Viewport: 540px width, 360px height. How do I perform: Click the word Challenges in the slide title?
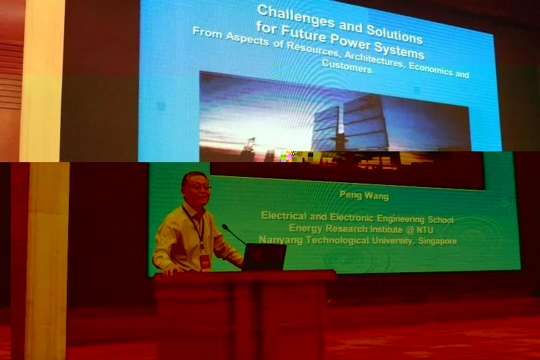pyautogui.click(x=296, y=16)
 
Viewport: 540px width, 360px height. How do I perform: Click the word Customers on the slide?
pyautogui.click(x=347, y=66)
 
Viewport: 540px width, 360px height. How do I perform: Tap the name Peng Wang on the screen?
pyautogui.click(x=364, y=195)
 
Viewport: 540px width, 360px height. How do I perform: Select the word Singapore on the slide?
pyautogui.click(x=437, y=241)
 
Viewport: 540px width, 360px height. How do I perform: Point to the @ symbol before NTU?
pyautogui.click(x=410, y=230)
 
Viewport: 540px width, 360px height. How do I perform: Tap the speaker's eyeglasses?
pyautogui.click(x=198, y=188)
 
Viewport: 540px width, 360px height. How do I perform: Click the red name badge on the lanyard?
pyautogui.click(x=205, y=261)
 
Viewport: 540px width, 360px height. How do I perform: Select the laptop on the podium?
pyautogui.click(x=264, y=257)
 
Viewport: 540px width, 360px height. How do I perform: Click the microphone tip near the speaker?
pyautogui.click(x=225, y=227)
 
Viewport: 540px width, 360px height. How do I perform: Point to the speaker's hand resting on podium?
pyautogui.click(x=172, y=271)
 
